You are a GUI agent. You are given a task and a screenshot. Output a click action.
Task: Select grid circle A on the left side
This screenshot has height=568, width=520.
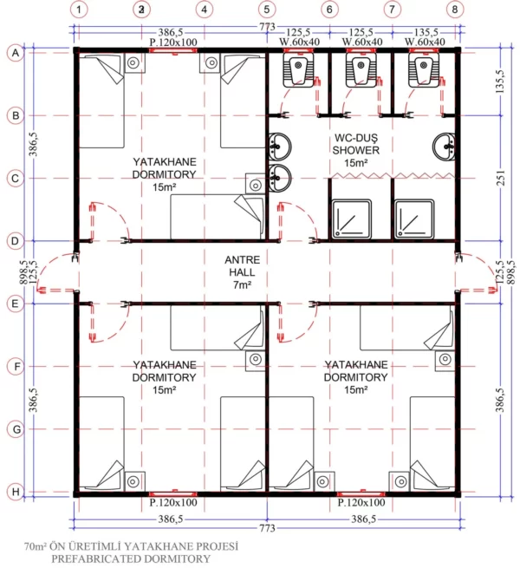click(x=15, y=53)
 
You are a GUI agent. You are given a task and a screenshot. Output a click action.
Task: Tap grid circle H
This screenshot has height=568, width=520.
click(x=15, y=492)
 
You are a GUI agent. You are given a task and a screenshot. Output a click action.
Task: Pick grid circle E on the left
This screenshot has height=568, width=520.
click(x=15, y=304)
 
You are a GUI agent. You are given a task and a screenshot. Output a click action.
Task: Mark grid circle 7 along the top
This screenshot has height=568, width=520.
click(x=393, y=10)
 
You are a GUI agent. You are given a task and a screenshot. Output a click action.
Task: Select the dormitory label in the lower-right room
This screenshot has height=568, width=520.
click(x=355, y=378)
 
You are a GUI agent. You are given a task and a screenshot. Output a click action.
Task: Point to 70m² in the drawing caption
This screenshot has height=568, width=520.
click(x=36, y=546)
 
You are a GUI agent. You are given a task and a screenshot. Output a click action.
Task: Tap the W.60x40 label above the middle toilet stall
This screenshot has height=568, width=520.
click(x=361, y=42)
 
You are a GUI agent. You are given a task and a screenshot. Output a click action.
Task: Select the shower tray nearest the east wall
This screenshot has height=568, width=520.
click(x=415, y=219)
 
